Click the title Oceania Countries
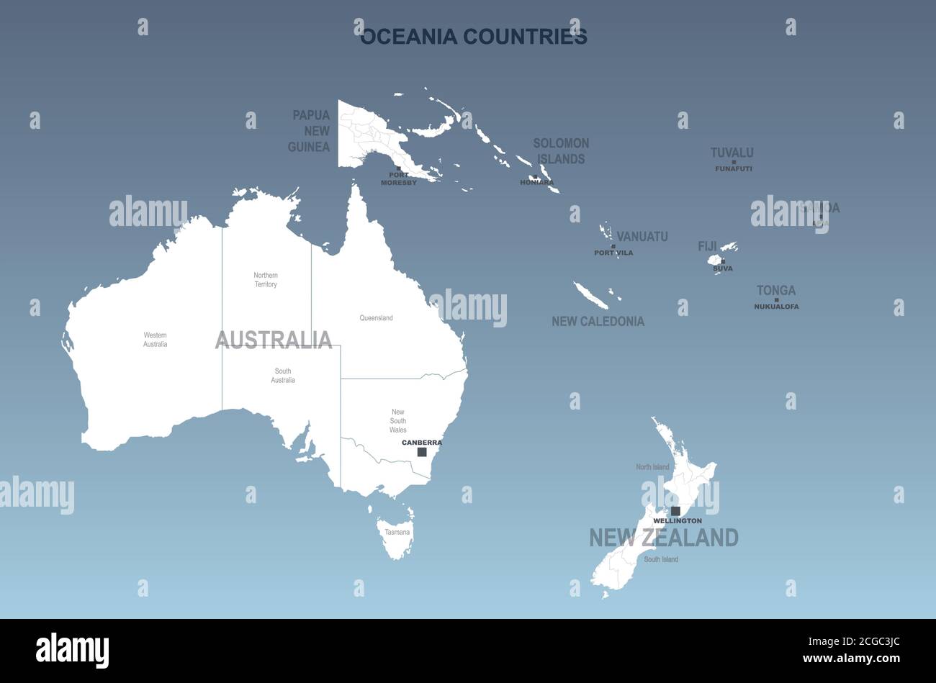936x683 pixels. coord(473,37)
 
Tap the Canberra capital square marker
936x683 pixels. coord(422,452)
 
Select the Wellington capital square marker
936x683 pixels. coord(675,511)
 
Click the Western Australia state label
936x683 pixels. coord(155,340)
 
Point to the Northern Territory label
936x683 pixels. coord(266,280)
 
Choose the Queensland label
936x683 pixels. coord(376,318)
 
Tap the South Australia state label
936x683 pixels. coord(283,376)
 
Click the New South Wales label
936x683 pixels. coord(398,421)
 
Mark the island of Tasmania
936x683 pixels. coord(395,536)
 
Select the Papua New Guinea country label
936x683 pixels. coord(310,131)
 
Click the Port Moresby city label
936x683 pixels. coord(398,178)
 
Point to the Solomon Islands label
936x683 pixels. coord(561,151)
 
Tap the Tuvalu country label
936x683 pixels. coord(732,153)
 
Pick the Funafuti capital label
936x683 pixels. coord(733,169)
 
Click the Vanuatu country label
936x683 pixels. coord(642,237)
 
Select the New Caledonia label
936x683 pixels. coord(598,322)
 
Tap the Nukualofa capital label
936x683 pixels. coord(776,307)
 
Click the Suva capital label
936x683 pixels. coord(722,268)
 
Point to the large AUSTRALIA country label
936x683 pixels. coord(274,339)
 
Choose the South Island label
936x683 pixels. coord(660,559)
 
